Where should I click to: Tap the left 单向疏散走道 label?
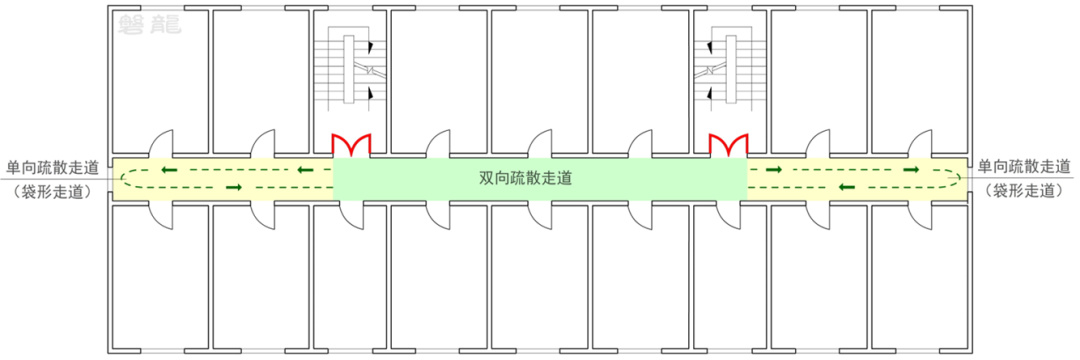(x=47, y=166)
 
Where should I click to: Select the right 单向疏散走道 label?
(x=1024, y=166)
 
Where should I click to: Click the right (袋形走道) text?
(x=1024, y=189)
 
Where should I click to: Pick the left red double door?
(x=352, y=146)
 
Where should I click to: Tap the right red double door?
(x=729, y=146)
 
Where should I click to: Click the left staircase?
(x=350, y=70)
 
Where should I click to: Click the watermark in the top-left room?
(x=149, y=25)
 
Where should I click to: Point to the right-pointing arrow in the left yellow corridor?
(x=234, y=187)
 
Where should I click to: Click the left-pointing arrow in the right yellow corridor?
(x=846, y=187)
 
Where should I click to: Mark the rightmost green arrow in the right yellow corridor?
(x=911, y=170)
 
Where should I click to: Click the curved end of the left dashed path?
(x=122, y=179)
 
